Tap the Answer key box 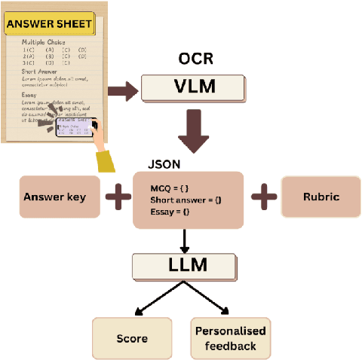[x=60, y=197]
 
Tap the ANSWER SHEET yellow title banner [x=50, y=24]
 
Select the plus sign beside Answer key [x=117, y=198]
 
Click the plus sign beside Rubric [x=263, y=198]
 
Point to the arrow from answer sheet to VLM [x=123, y=91]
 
